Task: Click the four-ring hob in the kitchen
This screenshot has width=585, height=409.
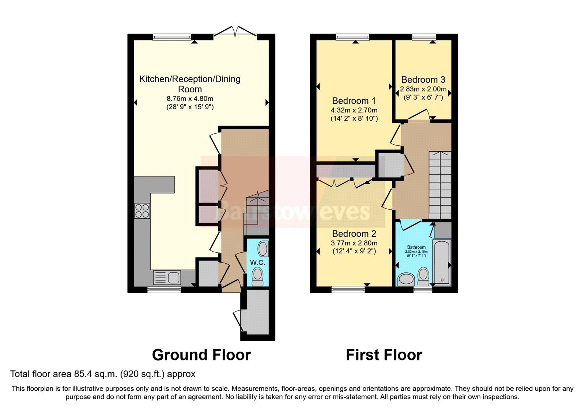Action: (142, 211)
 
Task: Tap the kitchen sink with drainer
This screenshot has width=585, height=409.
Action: (167, 278)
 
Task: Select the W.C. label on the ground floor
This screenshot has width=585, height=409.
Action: (257, 263)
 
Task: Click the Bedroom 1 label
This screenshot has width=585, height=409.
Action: (354, 101)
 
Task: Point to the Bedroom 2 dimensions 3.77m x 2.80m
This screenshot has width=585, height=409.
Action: (354, 243)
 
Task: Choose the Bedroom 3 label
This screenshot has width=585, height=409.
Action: (423, 80)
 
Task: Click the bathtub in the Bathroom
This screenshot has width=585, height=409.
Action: (442, 262)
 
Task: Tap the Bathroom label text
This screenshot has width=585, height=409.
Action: (416, 247)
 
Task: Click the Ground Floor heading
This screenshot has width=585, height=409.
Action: (201, 355)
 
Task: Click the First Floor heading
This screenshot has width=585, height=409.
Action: (384, 355)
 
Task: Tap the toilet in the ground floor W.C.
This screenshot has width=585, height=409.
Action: (257, 276)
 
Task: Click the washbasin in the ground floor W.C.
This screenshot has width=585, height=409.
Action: (263, 249)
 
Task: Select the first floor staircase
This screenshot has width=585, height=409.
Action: (440, 184)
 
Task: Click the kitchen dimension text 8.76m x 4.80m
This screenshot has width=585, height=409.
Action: (190, 99)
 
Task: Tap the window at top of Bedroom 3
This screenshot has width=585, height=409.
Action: (424, 37)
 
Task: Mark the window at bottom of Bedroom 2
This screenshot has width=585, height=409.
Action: (348, 290)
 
